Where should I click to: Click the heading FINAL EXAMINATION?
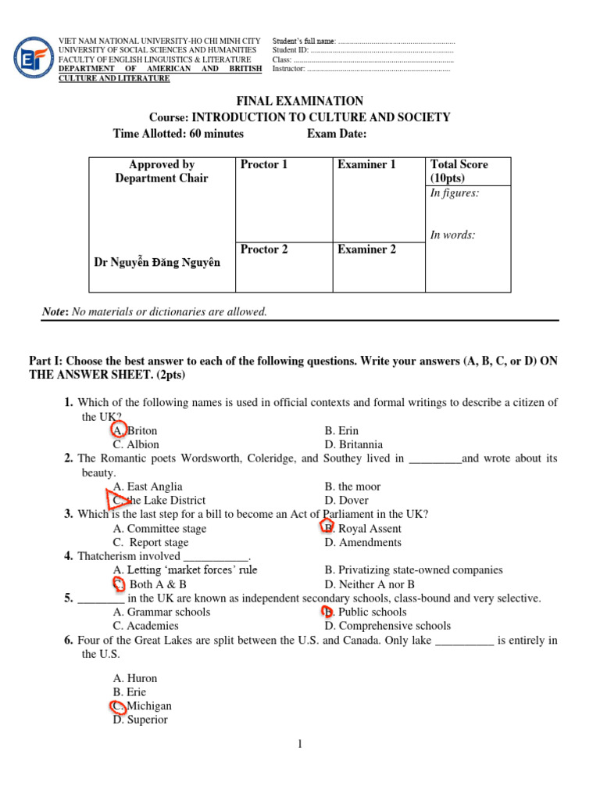[300, 101]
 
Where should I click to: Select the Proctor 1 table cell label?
[264, 164]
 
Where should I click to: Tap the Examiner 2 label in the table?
[366, 250]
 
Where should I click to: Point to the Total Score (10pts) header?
[459, 171]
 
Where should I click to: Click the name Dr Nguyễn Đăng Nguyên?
[157, 263]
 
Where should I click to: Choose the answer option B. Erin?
[341, 431]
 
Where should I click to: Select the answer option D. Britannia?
[353, 445]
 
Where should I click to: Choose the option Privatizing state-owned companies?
[413, 570]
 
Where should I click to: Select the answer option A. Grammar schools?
[161, 612]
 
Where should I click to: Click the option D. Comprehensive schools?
[387, 626]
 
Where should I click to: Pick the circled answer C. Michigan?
[141, 706]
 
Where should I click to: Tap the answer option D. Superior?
[140, 720]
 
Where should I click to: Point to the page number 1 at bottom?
[299, 744]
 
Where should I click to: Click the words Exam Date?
[337, 134]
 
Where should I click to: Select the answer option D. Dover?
[346, 500]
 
